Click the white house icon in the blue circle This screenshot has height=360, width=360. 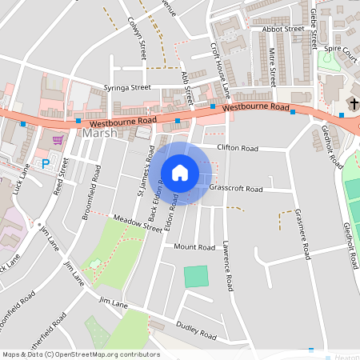[180, 173]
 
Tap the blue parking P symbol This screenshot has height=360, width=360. [46, 163]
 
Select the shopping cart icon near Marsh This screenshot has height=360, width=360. [58, 139]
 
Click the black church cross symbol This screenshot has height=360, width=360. [353, 104]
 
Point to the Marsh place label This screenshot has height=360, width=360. [100, 134]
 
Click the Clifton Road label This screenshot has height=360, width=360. [238, 148]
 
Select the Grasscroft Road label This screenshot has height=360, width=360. [235, 190]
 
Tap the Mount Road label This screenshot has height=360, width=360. [195, 247]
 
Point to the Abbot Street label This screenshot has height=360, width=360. [282, 29]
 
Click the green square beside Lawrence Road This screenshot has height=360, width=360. [195, 278]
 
